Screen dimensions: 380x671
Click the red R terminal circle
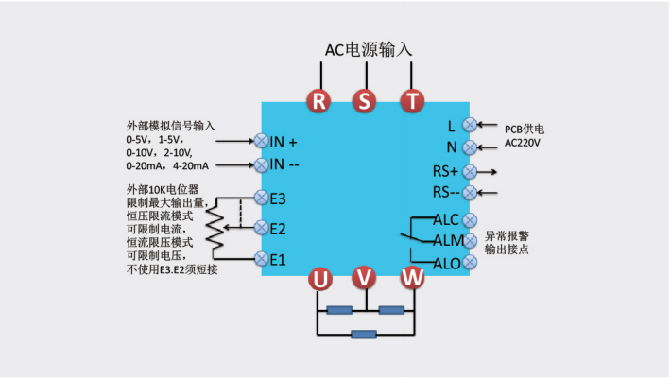(319, 101)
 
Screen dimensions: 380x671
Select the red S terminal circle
(364, 101)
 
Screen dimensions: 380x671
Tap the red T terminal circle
(410, 101)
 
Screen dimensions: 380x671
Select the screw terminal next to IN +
(261, 141)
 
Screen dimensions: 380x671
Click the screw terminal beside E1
(261, 258)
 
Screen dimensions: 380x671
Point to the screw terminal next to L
(469, 124)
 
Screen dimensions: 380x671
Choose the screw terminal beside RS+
(469, 171)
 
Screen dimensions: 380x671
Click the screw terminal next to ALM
(469, 241)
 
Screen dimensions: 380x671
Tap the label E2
(278, 228)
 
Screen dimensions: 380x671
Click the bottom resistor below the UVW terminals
(364, 334)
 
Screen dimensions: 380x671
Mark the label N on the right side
(452, 147)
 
